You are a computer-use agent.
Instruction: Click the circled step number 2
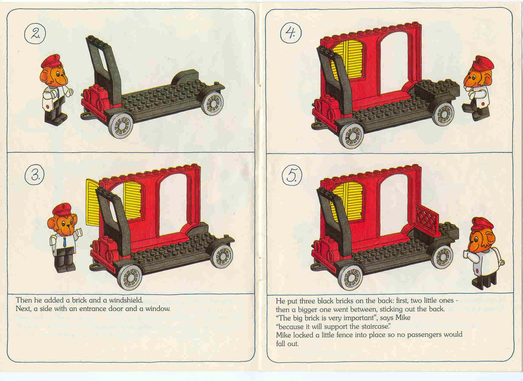(35, 33)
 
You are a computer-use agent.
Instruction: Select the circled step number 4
(291, 33)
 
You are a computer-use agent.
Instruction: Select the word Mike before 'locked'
(283, 335)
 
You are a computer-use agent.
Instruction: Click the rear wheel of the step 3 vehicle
(222, 256)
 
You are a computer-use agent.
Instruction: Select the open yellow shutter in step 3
(92, 203)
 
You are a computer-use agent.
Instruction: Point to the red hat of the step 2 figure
(51, 61)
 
